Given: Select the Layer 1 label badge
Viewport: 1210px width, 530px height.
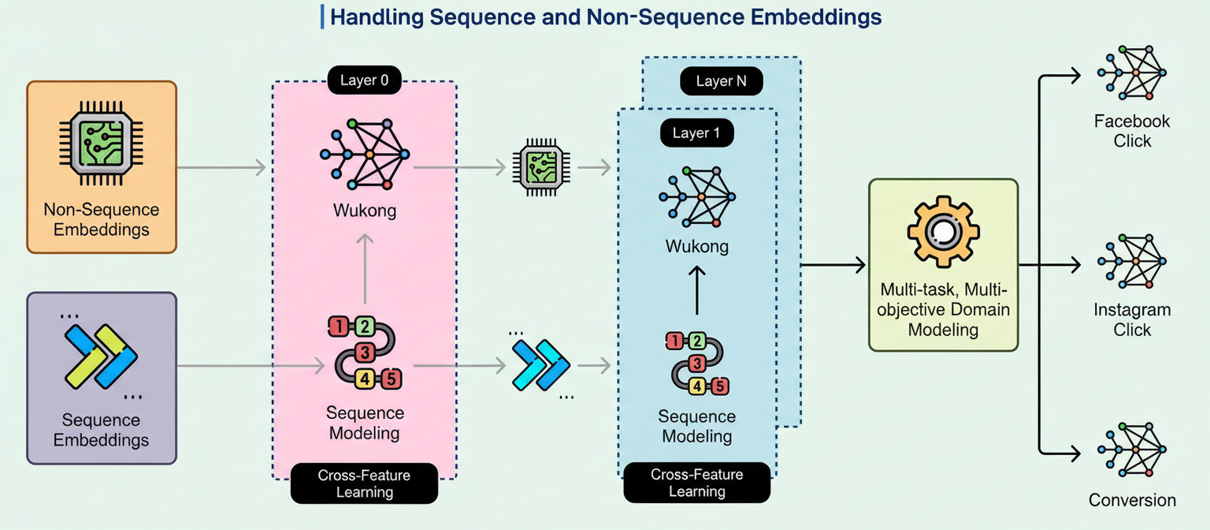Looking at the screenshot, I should coord(696,132).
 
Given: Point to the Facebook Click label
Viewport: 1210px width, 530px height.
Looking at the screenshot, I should coord(1132,131).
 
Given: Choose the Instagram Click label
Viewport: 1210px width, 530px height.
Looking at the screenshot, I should coord(1132,319).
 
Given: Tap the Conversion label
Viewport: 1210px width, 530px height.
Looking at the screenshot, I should coord(1132,500).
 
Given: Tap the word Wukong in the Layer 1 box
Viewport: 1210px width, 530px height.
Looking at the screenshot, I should coord(697,246).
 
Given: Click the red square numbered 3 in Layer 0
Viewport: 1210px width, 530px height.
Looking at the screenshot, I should coord(365,352).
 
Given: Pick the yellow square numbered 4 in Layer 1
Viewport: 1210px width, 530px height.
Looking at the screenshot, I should coord(697,386).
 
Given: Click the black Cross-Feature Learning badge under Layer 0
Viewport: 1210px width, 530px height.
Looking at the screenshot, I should coord(365,483).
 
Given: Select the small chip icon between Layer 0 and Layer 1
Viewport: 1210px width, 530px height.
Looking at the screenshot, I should coord(537,167).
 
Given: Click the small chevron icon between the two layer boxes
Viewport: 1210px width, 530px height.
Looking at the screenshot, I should coord(540,365).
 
